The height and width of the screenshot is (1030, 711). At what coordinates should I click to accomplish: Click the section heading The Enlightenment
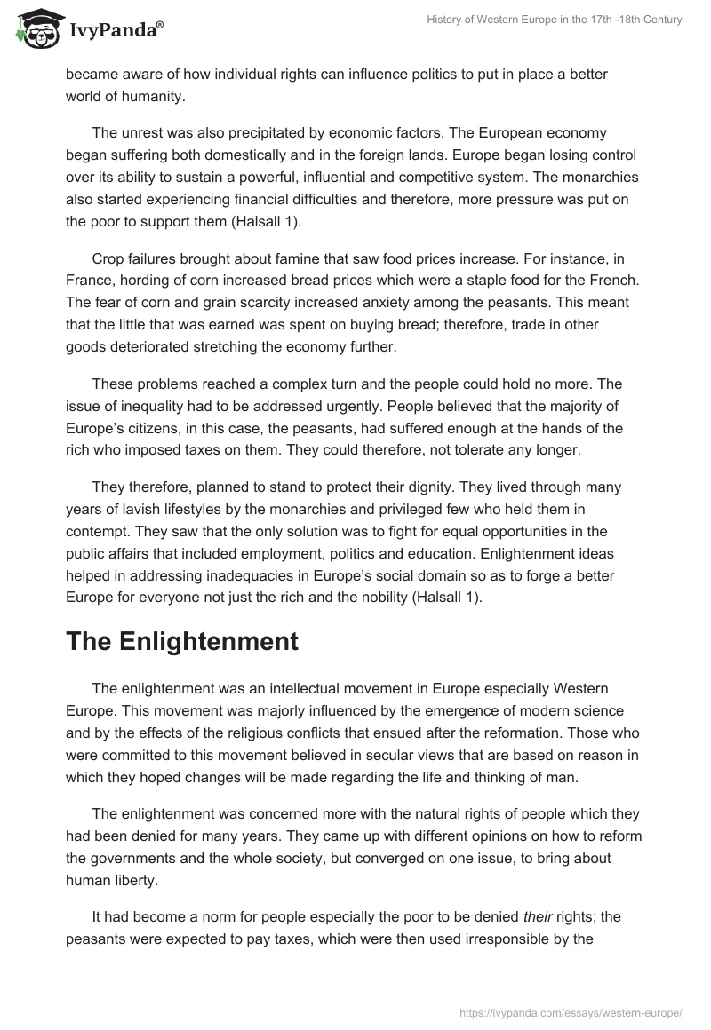182,643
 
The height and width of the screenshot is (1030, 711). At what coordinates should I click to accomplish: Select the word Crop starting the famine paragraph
108,258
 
